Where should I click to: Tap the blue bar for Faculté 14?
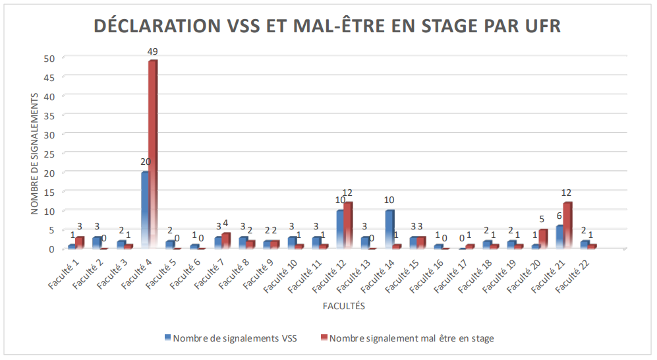pos(389,229)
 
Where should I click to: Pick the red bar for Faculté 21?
pos(567,225)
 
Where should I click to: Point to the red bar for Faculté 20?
pos(543,239)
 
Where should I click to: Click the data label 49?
pos(153,51)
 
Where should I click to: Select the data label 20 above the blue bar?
pos(146,162)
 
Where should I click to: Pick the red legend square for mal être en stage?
pos(324,338)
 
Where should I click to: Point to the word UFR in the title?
pos(542,26)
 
